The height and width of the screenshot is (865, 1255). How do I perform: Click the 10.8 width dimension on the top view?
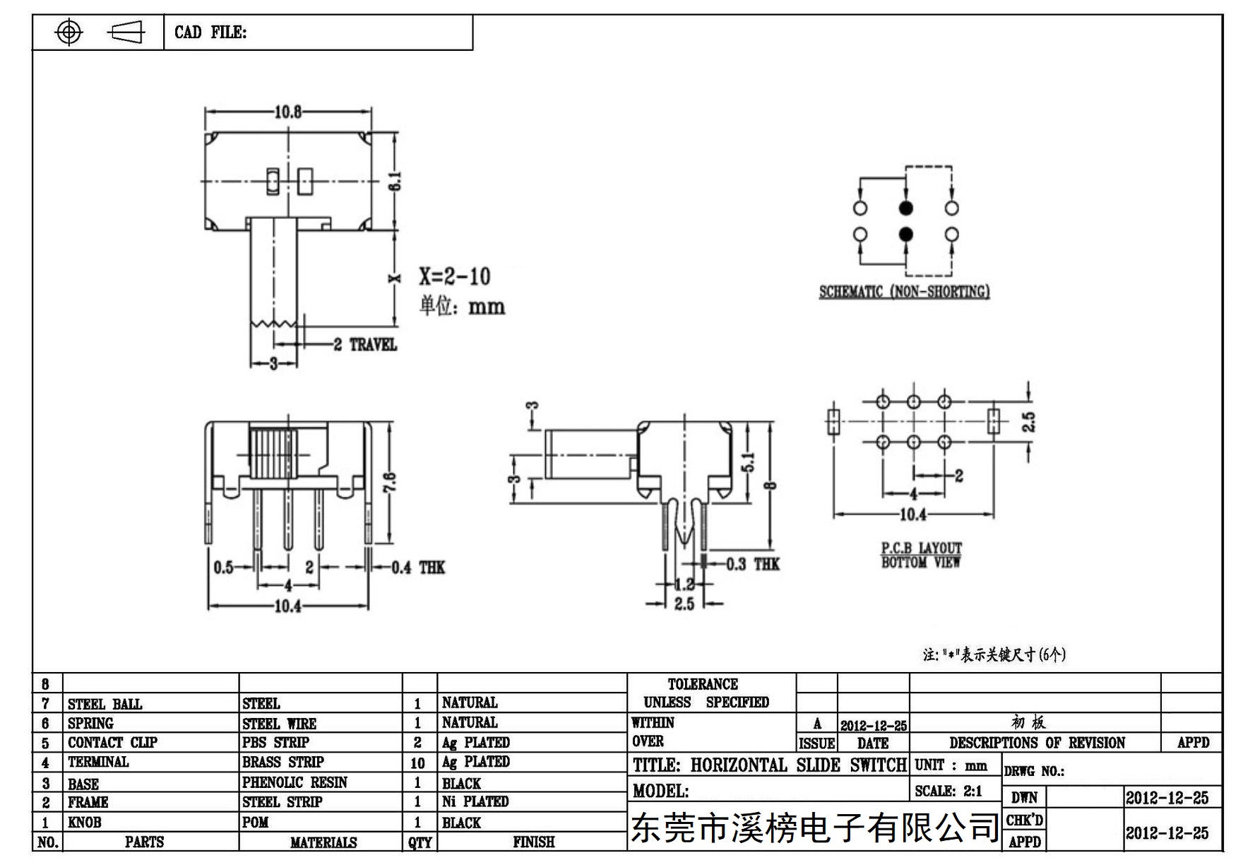[288, 112]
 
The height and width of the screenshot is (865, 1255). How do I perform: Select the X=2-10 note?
[455, 276]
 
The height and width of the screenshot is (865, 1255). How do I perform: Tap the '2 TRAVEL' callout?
[365, 345]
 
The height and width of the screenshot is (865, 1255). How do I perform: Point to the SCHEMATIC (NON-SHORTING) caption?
[904, 291]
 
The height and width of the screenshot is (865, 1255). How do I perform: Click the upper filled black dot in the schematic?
[905, 208]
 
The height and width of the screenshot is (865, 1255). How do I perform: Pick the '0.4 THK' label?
[418, 567]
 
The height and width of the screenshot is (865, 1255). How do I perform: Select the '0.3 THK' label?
[753, 564]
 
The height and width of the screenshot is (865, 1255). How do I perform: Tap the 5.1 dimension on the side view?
[749, 462]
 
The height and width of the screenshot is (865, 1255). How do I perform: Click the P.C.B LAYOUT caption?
[921, 548]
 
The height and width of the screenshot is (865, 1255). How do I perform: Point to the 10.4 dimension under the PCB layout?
[912, 514]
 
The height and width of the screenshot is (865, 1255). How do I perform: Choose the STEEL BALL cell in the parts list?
[105, 704]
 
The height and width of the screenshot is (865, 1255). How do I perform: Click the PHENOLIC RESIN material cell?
[295, 782]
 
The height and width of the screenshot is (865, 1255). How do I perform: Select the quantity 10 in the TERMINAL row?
[418, 763]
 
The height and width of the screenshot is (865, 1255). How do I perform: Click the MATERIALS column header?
[323, 842]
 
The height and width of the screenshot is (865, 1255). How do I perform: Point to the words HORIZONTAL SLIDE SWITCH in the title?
[798, 765]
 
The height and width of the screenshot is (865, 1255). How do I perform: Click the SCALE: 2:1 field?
[948, 792]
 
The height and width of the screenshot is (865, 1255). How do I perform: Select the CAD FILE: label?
[210, 33]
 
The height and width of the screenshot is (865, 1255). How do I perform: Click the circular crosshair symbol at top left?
[69, 32]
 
